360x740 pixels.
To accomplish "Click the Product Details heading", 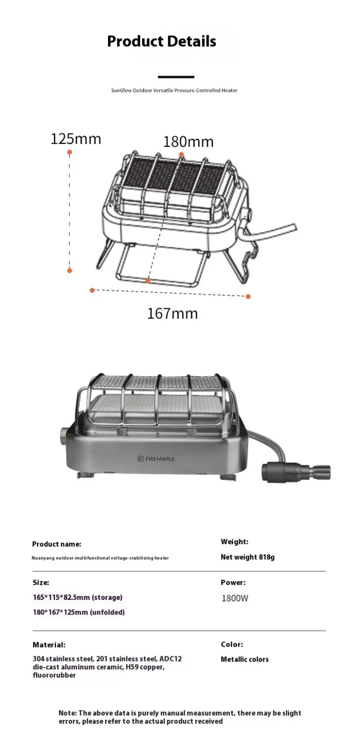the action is [x=161, y=41].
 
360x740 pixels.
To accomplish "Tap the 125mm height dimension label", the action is [x=75, y=139].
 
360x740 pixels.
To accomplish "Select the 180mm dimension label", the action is [x=188, y=142].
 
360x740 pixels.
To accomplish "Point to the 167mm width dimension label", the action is [x=172, y=313].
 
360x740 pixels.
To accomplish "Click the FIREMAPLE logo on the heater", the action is [x=156, y=459].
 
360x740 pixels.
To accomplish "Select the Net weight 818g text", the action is [x=248, y=557].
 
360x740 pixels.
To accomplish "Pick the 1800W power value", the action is [x=235, y=598].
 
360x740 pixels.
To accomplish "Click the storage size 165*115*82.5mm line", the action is [x=77, y=597].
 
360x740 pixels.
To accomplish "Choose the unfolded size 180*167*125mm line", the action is [x=78, y=612].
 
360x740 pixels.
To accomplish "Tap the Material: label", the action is [x=49, y=645].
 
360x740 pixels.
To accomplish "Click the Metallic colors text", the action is [x=245, y=660].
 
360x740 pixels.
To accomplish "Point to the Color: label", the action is [x=232, y=644].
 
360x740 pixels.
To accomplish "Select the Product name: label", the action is [x=57, y=544].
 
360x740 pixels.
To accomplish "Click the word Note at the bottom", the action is [x=67, y=713].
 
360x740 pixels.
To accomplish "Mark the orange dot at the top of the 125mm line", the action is [x=70, y=152].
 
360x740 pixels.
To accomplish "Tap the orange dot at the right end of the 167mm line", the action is [x=249, y=296].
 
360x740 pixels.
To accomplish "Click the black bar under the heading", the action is [x=176, y=77].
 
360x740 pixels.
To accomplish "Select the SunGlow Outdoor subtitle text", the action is [x=174, y=90].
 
